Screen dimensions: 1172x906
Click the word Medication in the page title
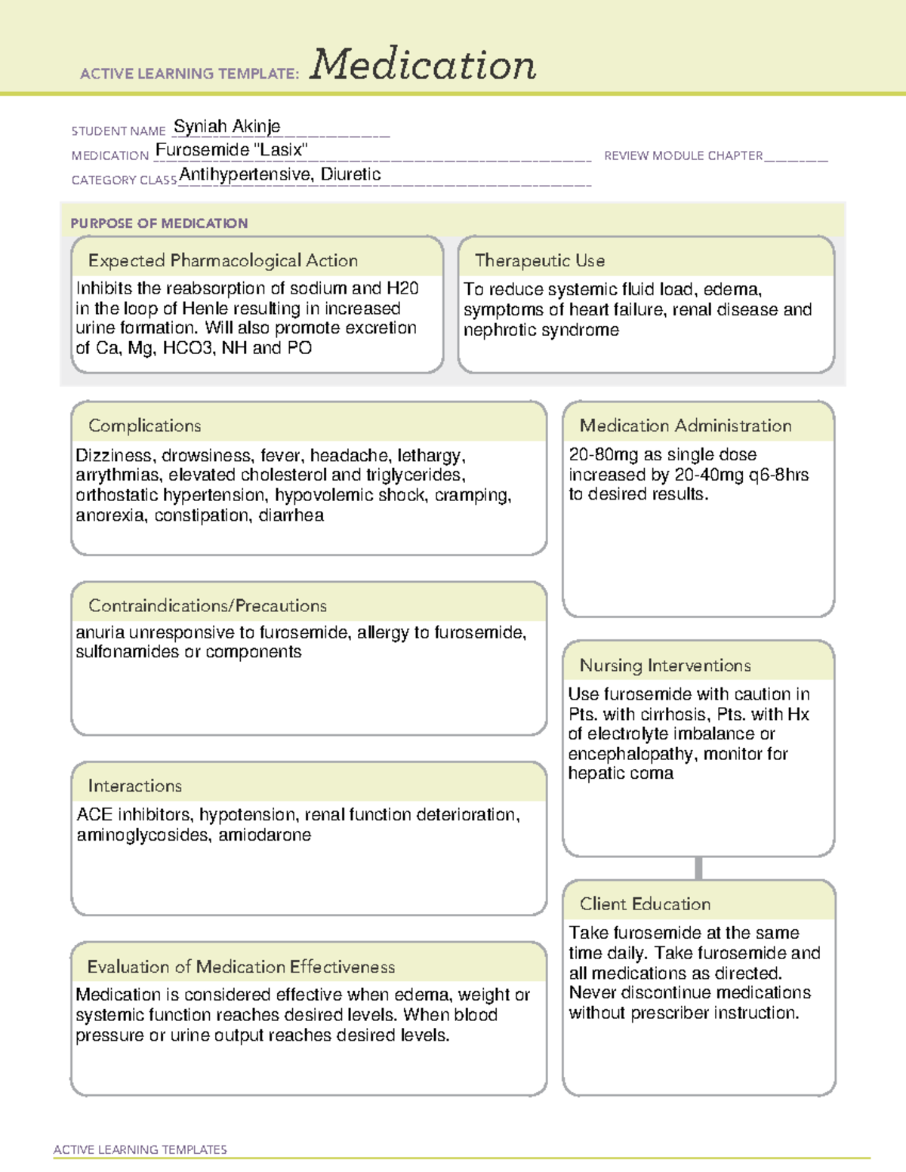(422, 65)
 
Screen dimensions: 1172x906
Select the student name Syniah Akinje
(226, 126)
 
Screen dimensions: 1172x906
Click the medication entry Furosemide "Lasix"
(231, 150)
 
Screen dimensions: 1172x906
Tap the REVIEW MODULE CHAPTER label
(683, 155)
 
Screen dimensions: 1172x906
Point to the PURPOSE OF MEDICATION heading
(159, 223)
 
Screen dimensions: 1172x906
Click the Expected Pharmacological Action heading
(223, 260)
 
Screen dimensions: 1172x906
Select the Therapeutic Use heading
(539, 260)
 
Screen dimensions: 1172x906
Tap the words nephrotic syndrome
(541, 330)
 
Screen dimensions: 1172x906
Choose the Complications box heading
(144, 426)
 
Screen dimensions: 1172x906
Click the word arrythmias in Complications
(117, 475)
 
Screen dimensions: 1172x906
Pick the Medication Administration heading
(685, 426)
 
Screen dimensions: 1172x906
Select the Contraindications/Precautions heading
(207, 605)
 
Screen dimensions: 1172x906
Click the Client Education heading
(645, 904)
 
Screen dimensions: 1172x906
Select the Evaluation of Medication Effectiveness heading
(241, 967)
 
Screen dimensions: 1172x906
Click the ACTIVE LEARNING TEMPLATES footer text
(140, 1149)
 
